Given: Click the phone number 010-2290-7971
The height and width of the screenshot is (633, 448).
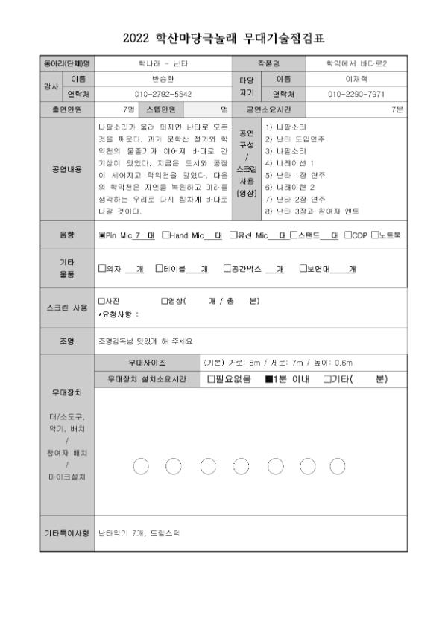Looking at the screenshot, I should click(355, 95).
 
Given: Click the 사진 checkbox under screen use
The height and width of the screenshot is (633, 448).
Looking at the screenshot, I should click(101, 301).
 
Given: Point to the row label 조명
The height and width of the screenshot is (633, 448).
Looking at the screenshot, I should click(69, 340).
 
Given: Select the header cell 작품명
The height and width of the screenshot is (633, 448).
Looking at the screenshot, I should click(271, 63).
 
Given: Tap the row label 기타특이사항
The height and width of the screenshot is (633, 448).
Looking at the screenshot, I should click(69, 533).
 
